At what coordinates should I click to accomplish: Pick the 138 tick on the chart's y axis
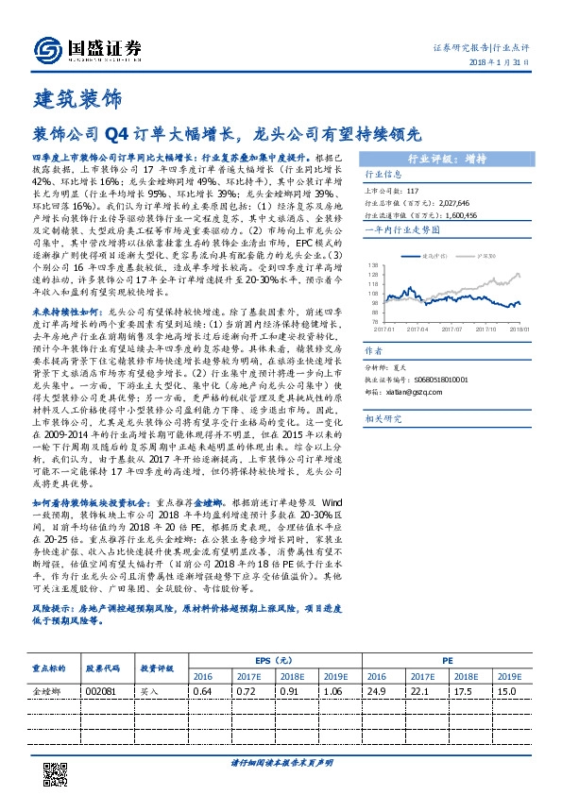click(373, 265)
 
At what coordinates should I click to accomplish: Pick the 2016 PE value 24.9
click(377, 692)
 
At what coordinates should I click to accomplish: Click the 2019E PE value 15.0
click(507, 692)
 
